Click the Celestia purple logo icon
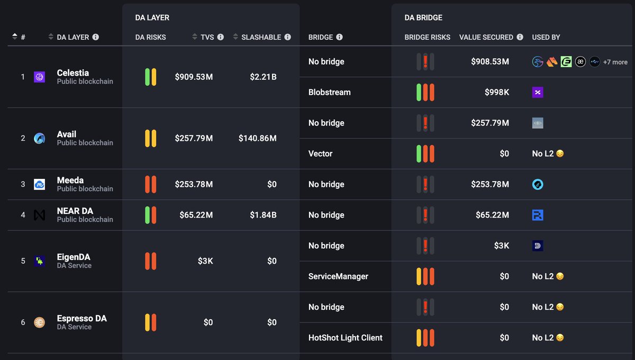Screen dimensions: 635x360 (x=39, y=77)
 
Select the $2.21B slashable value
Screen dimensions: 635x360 (x=263, y=77)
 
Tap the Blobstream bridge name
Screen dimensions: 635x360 (x=329, y=92)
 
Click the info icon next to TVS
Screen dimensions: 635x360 (x=221, y=37)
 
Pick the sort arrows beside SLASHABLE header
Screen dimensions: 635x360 (x=235, y=37)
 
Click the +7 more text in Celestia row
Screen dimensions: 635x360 (x=615, y=62)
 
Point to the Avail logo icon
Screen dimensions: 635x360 (x=39, y=138)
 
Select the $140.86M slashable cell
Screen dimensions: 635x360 (x=257, y=138)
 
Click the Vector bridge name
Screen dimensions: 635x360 (x=320, y=154)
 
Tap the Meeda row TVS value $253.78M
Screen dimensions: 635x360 (x=194, y=184)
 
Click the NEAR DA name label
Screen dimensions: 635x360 (x=75, y=211)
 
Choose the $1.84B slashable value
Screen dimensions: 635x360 (x=263, y=215)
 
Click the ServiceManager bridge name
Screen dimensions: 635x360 (x=338, y=276)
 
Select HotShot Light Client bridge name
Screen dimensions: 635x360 (x=345, y=338)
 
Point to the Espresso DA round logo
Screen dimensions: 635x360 (x=39, y=322)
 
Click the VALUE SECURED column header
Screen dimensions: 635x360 (x=486, y=37)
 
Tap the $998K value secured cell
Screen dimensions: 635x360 (x=497, y=92)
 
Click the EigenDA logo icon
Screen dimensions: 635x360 (x=39, y=260)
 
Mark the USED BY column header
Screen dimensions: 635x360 (x=546, y=37)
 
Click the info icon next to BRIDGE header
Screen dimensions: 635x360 (x=339, y=37)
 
